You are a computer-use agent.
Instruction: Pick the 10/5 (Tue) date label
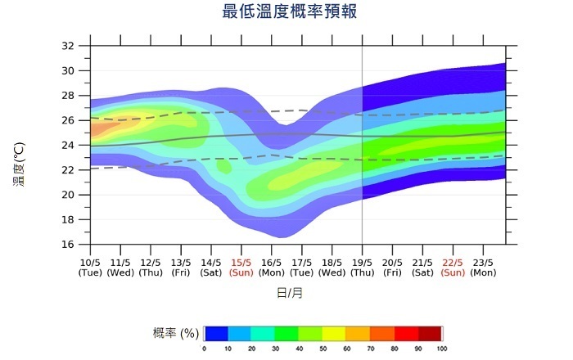(x=90, y=268)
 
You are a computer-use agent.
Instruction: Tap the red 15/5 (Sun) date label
(x=241, y=268)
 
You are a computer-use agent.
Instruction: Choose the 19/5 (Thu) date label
(x=362, y=268)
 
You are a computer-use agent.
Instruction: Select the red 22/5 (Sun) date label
(x=453, y=268)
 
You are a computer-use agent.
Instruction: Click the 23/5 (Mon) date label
(x=483, y=268)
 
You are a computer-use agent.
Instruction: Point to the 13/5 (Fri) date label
(x=181, y=268)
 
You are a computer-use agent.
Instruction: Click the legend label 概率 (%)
(x=176, y=333)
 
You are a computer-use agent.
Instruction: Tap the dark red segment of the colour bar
(x=430, y=333)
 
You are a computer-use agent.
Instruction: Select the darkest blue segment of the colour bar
(x=216, y=333)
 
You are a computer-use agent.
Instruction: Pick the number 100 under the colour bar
(x=442, y=349)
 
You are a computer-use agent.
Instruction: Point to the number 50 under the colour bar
(x=323, y=349)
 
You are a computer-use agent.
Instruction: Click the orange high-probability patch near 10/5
(x=98, y=128)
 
